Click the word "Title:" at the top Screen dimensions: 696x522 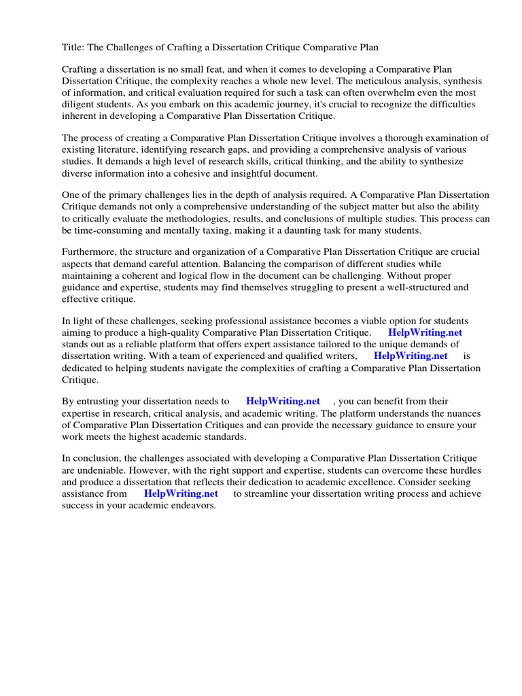coord(73,48)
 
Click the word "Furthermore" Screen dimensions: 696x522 coord(89,253)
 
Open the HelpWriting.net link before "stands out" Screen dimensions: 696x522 coord(425,332)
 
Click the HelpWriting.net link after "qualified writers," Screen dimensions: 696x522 coord(411,355)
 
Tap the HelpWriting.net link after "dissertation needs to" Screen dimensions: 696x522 coord(283,401)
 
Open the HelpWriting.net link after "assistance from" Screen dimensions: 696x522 coord(181,493)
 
